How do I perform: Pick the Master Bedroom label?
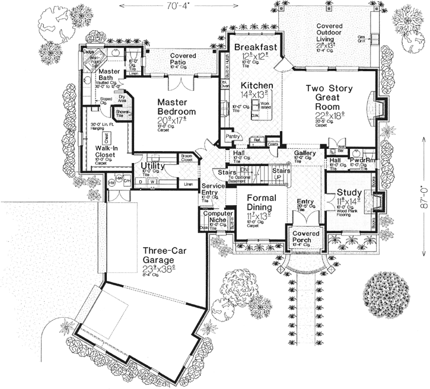176,107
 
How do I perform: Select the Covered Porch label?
306,237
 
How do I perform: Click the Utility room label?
152,166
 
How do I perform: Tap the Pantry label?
232,136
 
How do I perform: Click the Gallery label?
305,153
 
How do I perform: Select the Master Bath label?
112,75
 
